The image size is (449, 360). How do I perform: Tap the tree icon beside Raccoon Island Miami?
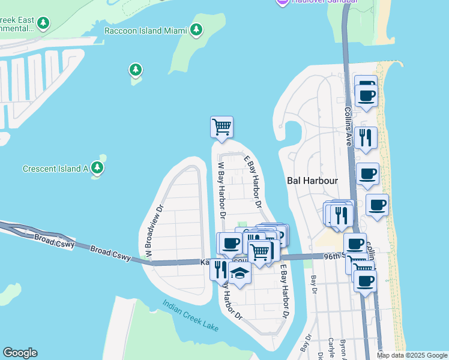tap(196, 29)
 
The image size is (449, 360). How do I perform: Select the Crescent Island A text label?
tap(55, 169)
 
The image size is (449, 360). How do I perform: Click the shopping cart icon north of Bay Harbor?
tap(221, 127)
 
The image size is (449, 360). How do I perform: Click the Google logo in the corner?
tap(19, 353)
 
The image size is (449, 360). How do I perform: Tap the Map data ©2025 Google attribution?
tap(412, 355)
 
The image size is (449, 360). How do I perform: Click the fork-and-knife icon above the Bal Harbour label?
tap(366, 137)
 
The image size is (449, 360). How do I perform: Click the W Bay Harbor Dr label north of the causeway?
tap(221, 189)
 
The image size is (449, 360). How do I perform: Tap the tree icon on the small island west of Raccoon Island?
tap(136, 70)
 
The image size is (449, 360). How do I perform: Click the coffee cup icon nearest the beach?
tap(377, 205)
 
